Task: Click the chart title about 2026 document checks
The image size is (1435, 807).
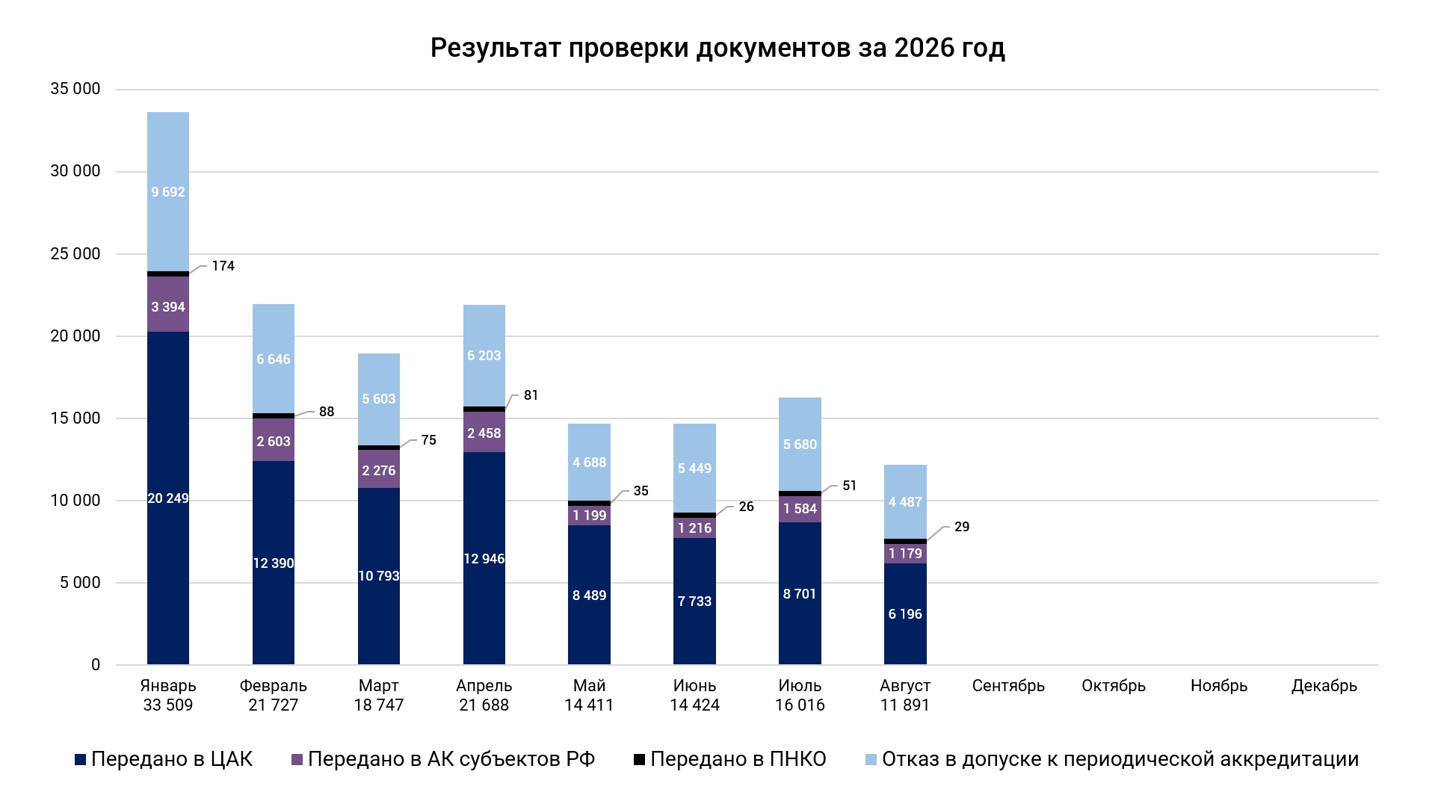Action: tap(717, 48)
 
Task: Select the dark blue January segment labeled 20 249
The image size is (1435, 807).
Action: tap(168, 498)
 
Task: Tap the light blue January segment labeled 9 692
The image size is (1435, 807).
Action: tap(168, 192)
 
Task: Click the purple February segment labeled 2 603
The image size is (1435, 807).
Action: tap(274, 440)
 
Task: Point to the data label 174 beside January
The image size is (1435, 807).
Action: tap(223, 266)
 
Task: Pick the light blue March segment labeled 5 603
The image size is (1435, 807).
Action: tap(379, 400)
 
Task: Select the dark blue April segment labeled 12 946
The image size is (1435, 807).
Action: tap(484, 558)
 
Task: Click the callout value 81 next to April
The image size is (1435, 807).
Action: tap(531, 395)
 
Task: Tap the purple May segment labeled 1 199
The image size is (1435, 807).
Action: tap(590, 516)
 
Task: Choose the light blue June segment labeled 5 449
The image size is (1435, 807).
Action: tap(695, 469)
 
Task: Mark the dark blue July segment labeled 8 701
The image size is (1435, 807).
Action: tap(800, 593)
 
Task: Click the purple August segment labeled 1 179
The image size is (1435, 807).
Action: tap(906, 554)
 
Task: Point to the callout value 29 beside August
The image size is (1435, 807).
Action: tap(962, 527)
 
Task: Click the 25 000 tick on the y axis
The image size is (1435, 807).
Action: tap(75, 254)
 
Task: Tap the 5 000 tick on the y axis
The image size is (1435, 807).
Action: tap(80, 583)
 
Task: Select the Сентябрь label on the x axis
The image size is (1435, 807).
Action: tap(1008, 686)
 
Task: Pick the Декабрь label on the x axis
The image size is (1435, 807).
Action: tap(1324, 686)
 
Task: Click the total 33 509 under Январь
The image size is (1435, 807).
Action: tap(168, 705)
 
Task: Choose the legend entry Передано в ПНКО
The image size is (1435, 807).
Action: tap(730, 759)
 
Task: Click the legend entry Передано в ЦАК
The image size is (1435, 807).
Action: tap(164, 759)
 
